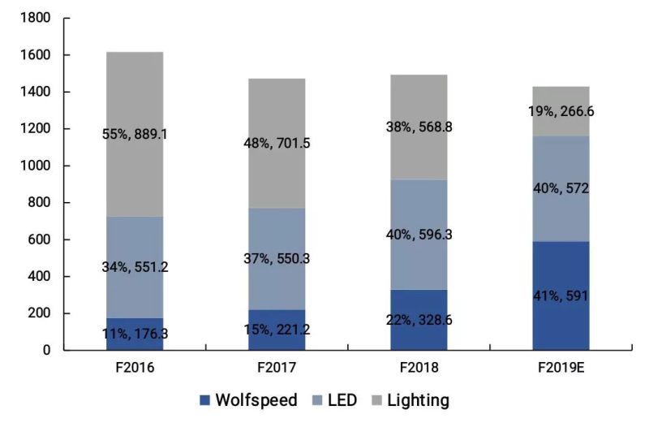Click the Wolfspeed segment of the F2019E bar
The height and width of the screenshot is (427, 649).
(x=561, y=325)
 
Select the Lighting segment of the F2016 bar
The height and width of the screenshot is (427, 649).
(x=135, y=97)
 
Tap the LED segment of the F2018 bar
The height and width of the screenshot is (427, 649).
(x=419, y=203)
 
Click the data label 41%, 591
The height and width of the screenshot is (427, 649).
(x=561, y=295)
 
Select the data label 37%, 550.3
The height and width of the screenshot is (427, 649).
(x=277, y=259)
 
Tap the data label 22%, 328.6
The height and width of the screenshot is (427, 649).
(x=419, y=320)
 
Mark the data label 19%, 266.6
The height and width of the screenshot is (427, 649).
(x=561, y=111)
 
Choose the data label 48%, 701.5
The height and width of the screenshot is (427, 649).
(x=277, y=143)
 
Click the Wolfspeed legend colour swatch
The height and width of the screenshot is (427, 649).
(x=205, y=400)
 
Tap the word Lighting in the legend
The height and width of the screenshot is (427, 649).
(x=418, y=400)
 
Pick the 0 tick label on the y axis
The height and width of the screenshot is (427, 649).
(x=46, y=350)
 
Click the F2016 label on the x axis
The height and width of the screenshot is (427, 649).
(x=135, y=368)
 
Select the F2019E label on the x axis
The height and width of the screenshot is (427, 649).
(x=561, y=368)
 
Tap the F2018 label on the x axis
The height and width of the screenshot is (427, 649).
(x=419, y=368)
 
